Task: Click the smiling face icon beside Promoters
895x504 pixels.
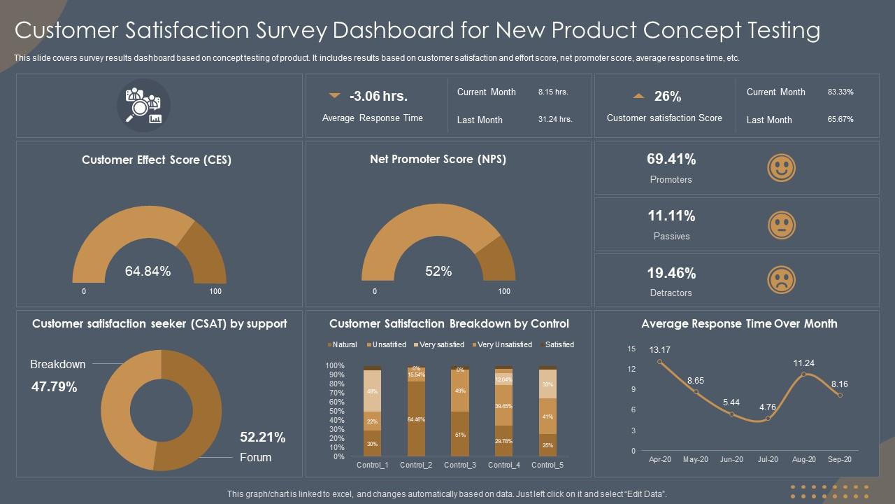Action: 781,168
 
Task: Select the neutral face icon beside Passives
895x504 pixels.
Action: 781,225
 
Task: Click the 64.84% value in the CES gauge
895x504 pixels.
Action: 148,271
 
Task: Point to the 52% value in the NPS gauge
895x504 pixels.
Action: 438,271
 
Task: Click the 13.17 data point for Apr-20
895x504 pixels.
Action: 659,361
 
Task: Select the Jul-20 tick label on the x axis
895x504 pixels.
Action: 768,460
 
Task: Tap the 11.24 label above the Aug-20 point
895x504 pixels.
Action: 804,363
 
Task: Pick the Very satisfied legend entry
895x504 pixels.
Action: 441,344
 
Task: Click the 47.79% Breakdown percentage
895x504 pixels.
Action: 54,386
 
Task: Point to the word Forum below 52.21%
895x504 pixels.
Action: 255,457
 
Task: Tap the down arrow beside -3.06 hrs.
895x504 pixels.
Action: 334,95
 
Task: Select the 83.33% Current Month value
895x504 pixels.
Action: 840,92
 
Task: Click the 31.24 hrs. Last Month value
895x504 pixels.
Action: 555,120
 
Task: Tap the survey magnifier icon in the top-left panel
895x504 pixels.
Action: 143,106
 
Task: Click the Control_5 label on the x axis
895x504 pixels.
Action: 548,465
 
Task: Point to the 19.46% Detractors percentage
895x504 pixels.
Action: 671,273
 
